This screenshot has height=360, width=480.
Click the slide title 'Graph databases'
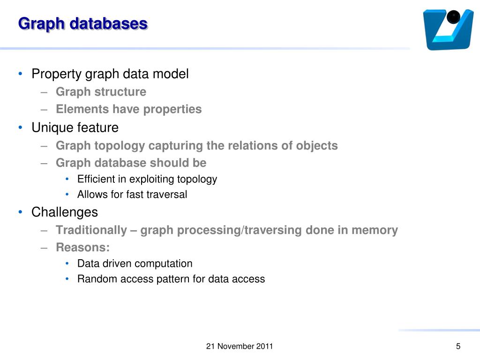(82, 23)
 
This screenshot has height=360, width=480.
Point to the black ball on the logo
(453, 18)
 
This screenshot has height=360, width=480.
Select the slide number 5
(458, 346)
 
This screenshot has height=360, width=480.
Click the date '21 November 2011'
(240, 347)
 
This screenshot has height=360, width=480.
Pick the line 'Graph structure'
(101, 92)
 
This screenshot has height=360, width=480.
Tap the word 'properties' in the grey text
(172, 109)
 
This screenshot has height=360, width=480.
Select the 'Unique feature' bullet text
(75, 127)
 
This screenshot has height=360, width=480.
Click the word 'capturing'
(176, 146)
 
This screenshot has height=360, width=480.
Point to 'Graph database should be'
(131, 163)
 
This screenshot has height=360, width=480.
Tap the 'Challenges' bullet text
(65, 212)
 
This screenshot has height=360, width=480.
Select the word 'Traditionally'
(91, 230)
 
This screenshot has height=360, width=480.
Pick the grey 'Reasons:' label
(82, 247)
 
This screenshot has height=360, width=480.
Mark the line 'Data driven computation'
(135, 263)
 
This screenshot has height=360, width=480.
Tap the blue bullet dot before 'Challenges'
(20, 212)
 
